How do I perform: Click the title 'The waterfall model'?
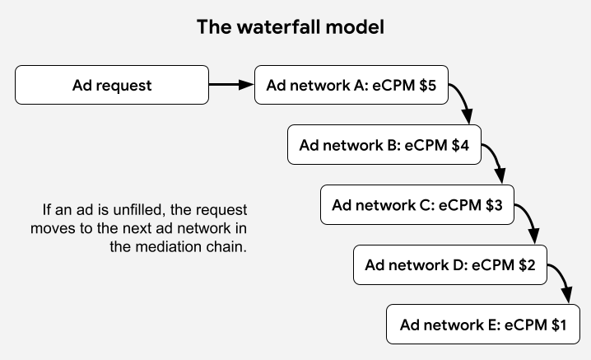(291, 27)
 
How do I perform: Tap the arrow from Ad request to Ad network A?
(230, 84)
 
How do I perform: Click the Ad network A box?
(351, 85)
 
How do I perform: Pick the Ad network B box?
(384, 145)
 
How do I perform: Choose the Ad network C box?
(417, 204)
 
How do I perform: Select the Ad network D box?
(450, 264)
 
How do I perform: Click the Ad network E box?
(483, 325)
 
